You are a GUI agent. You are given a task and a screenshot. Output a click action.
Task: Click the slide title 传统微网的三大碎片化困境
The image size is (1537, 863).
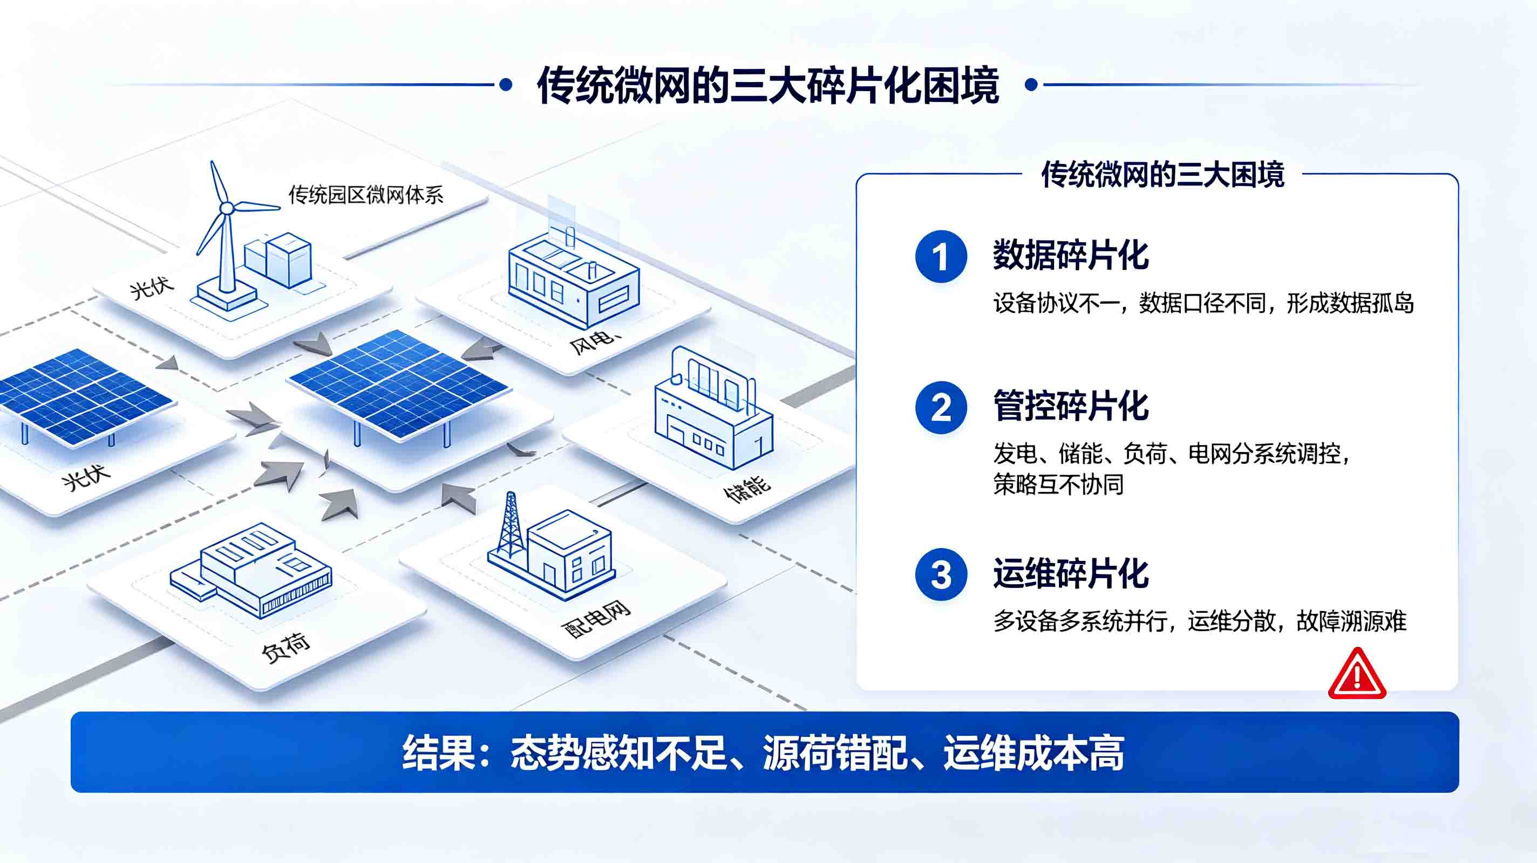tap(768, 86)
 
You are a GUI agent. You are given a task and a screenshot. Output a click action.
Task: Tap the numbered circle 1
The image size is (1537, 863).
tap(941, 256)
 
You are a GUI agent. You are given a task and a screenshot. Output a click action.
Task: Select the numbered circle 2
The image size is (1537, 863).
tap(941, 407)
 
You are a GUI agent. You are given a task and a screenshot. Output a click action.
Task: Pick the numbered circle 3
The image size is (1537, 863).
tap(941, 574)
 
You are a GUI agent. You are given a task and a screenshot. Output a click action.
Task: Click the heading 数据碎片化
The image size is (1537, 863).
tap(1070, 255)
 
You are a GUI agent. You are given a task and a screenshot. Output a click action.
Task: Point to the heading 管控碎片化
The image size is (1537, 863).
tap(1070, 406)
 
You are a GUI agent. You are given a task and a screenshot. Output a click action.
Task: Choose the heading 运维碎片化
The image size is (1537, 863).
tap(1070, 574)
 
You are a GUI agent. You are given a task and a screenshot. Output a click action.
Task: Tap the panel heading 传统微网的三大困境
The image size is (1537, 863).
tap(1162, 175)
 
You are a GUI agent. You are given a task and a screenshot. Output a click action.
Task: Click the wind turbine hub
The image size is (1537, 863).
tap(227, 208)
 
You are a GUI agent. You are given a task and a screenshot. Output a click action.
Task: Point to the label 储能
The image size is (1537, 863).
tap(747, 489)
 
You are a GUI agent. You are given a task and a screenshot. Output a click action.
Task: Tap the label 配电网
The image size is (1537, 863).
tap(596, 620)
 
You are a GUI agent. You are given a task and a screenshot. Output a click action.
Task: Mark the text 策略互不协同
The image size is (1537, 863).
tap(1058, 484)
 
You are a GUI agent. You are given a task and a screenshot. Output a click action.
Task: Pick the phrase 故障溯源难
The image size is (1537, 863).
tap(1351, 621)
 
